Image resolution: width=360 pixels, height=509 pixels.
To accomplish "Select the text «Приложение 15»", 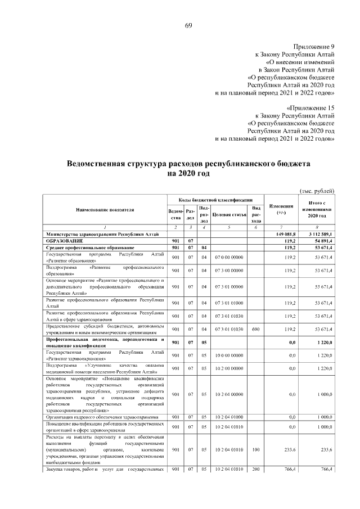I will [310, 107].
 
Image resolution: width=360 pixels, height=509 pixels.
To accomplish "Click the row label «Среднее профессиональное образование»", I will [90, 247].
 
